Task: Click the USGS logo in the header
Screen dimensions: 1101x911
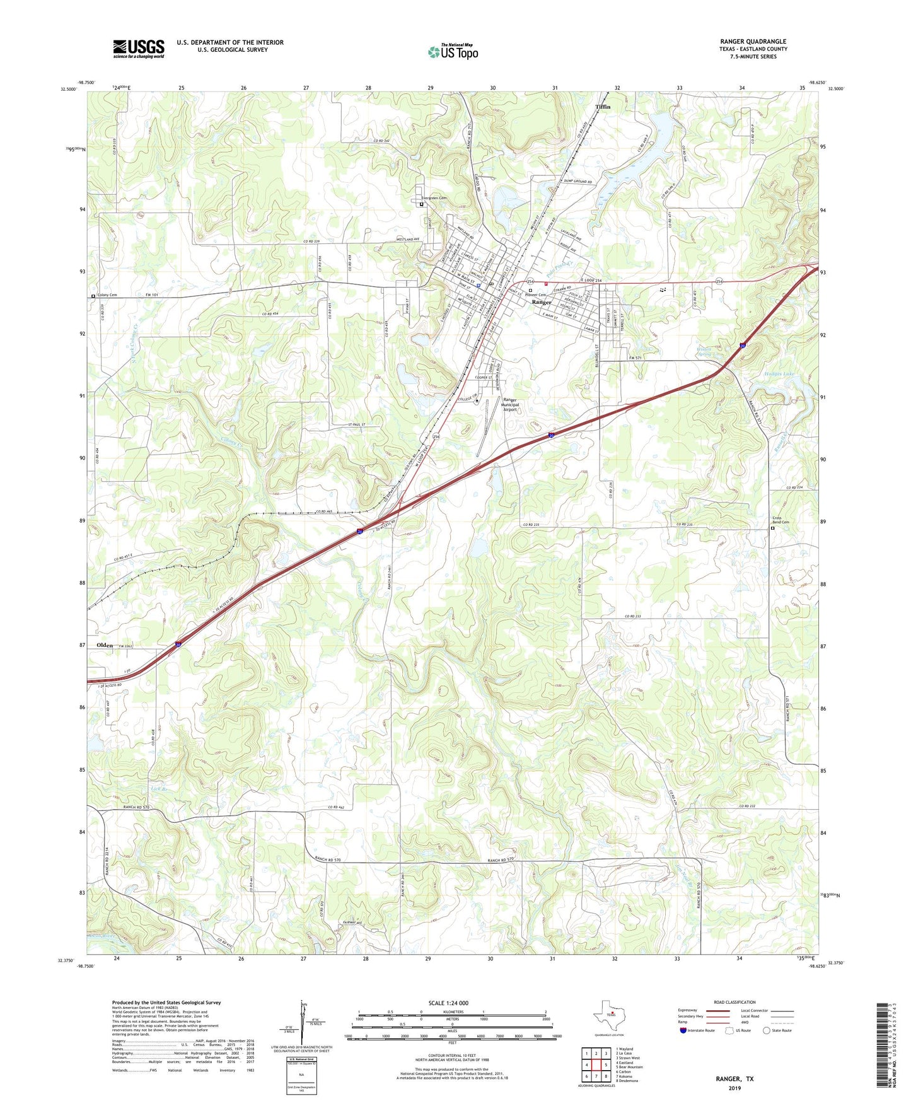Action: (139, 48)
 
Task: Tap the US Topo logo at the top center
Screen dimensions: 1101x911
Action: (453, 52)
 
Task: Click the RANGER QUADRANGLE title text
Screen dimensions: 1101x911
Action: (753, 42)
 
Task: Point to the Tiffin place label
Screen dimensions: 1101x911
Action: (603, 107)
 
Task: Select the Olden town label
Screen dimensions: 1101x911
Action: (105, 645)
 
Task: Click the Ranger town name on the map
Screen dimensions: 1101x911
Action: (541, 302)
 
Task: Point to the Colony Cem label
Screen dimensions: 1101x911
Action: (108, 295)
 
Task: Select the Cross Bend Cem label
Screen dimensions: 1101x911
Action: (780, 520)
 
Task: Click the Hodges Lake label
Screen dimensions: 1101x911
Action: (779, 373)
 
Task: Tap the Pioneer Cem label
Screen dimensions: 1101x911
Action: (535, 295)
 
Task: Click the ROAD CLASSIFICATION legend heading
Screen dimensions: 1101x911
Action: (734, 1002)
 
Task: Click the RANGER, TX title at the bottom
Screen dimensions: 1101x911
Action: (734, 1079)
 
